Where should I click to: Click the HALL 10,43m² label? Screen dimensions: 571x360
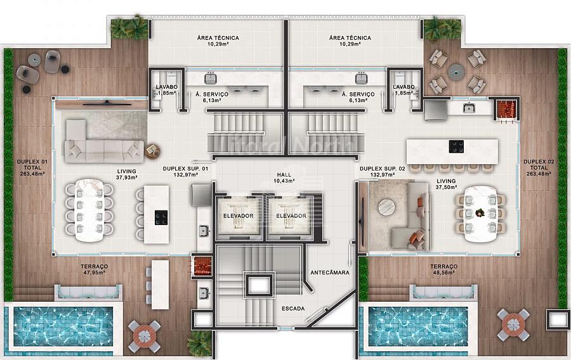click(x=284, y=178)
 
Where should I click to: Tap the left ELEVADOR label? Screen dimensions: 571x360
click(x=238, y=215)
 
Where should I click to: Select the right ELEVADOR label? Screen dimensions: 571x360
click(x=291, y=215)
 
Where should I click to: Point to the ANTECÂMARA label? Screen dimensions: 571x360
click(x=329, y=273)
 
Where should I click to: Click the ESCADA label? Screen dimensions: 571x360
click(x=293, y=309)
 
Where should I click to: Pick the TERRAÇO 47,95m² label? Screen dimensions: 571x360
click(x=95, y=269)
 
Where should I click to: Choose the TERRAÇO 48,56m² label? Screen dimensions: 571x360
click(x=443, y=269)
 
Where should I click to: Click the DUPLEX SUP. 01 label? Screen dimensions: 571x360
click(x=185, y=169)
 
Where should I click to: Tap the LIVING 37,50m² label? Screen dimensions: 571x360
click(x=446, y=184)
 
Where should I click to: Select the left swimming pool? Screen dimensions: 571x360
click(x=63, y=326)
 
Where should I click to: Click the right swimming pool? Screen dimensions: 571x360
click(x=418, y=326)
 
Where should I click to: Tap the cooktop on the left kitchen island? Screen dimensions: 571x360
click(x=161, y=217)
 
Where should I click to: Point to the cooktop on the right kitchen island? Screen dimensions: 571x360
click(x=456, y=146)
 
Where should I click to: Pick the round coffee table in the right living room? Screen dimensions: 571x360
click(x=386, y=207)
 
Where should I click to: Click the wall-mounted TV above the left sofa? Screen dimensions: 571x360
click(x=107, y=104)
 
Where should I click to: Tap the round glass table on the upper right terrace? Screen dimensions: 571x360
click(x=456, y=71)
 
